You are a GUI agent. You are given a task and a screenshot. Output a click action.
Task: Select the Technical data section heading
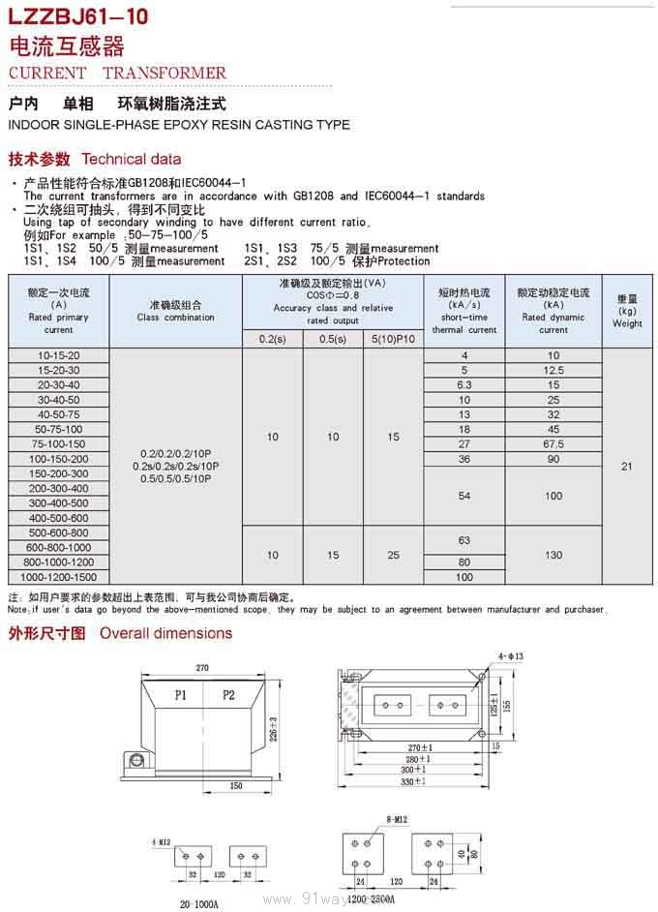click(131, 159)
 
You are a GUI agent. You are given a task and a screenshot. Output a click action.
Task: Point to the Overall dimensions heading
click(166, 633)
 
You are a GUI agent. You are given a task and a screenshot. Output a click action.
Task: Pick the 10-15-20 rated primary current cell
click(58, 355)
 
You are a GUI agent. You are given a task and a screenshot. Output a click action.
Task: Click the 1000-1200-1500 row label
click(58, 577)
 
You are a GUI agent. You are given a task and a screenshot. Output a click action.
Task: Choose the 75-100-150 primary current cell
click(58, 444)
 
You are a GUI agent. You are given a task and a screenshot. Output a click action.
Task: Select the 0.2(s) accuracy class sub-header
click(273, 338)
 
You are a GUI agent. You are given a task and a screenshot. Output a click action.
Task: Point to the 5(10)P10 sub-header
click(393, 338)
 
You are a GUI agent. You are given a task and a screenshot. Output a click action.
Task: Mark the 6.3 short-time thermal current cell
click(464, 385)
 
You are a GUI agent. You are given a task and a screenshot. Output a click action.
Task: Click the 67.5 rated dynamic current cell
click(553, 444)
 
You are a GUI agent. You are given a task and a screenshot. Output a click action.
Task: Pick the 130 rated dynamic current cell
click(553, 555)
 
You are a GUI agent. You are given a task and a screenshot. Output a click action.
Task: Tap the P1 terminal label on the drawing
click(182, 695)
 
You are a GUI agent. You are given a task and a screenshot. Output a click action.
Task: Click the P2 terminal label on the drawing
click(228, 695)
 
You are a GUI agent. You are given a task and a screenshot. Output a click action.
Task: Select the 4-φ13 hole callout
click(510, 656)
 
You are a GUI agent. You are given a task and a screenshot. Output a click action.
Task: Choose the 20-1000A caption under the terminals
click(199, 903)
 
